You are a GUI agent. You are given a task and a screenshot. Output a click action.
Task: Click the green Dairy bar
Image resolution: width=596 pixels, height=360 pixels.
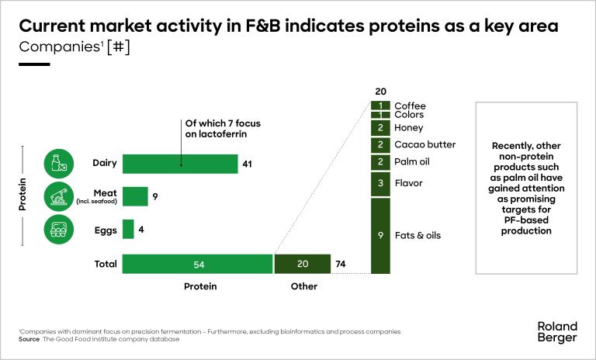[x=179, y=164]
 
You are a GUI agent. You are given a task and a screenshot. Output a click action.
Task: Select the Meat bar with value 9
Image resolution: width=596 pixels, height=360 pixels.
[x=135, y=197]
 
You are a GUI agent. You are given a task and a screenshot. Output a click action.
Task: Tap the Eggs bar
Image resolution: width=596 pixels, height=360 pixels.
[x=128, y=230]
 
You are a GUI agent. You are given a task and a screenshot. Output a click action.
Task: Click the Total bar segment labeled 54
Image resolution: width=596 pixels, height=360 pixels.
[x=198, y=264]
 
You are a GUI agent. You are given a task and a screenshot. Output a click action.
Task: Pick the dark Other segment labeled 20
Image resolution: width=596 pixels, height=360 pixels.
[x=303, y=264]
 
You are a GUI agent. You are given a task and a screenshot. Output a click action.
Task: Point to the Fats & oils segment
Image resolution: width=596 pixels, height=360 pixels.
[x=379, y=235]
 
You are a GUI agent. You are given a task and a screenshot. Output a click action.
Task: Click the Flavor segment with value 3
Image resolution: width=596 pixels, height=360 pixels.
[x=379, y=184]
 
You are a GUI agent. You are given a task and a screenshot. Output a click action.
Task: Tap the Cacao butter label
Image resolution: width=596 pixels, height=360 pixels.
[x=424, y=144]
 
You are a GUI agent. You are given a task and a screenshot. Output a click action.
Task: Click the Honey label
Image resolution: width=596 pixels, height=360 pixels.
[x=408, y=127]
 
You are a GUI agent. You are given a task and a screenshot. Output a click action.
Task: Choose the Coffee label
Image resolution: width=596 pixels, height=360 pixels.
[x=410, y=106]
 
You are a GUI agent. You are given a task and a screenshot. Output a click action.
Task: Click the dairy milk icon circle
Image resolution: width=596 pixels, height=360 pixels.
[x=59, y=164]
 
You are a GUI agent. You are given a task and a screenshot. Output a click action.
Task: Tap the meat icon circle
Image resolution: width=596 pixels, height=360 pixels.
[x=59, y=197]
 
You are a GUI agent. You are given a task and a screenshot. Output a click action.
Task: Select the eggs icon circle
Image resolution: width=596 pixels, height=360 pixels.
[x=59, y=230]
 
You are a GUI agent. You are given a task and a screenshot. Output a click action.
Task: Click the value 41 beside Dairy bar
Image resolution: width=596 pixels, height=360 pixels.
[x=248, y=164]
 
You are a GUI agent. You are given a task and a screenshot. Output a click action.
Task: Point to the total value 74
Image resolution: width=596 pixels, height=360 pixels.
[x=340, y=264]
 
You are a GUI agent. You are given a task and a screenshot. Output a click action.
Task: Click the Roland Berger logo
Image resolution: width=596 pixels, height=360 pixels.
[x=557, y=332]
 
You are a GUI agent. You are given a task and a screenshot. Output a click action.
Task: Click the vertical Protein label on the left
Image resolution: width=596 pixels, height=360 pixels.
[x=23, y=196]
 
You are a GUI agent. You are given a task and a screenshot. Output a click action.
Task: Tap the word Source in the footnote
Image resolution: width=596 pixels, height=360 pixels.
[x=29, y=339]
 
